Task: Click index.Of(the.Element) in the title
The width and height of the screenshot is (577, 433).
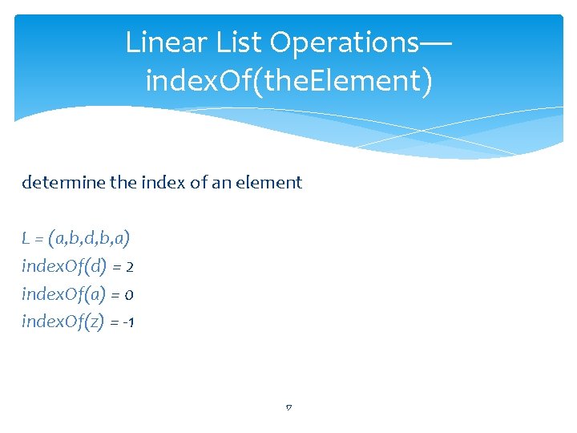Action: (288, 81)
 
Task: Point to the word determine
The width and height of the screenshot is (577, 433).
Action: (63, 183)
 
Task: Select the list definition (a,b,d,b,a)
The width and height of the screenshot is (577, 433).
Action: (90, 238)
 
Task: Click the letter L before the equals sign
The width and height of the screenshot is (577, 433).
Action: (26, 238)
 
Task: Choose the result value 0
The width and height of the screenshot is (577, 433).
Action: (128, 294)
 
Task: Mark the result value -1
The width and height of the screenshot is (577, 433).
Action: (129, 322)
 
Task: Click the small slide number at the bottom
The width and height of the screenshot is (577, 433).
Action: (288, 408)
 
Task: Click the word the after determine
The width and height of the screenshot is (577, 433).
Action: (122, 183)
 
